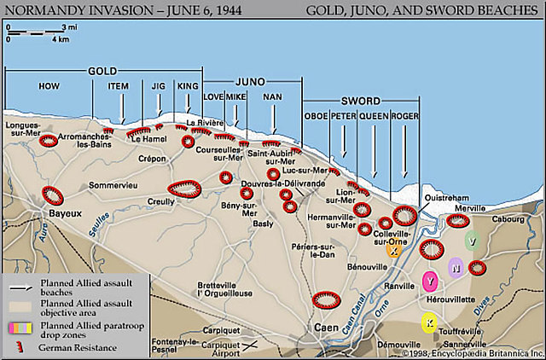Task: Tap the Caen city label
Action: point(322,327)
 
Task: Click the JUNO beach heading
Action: point(253,79)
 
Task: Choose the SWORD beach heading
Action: point(362,100)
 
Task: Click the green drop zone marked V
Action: point(472,241)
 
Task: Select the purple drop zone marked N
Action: point(456,269)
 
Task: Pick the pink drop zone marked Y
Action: point(431,282)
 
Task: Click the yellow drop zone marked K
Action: point(429,322)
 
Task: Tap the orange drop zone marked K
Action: point(392,252)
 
